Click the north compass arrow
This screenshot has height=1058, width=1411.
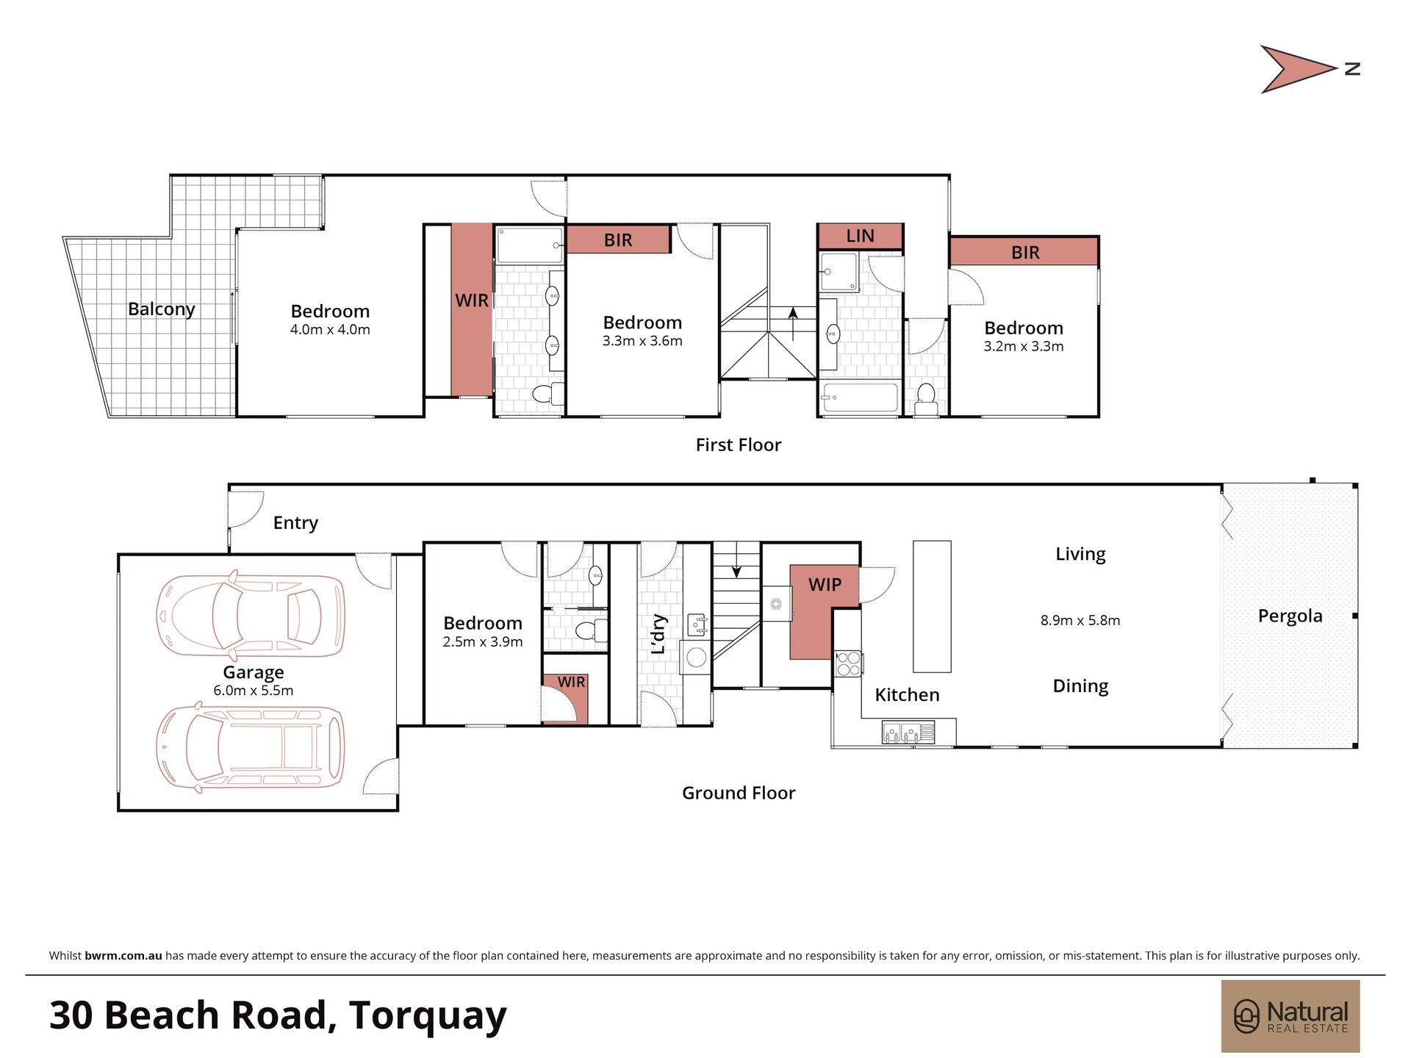[x=1297, y=70]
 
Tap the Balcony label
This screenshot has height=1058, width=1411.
[x=162, y=309]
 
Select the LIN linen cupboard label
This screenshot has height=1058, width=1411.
[x=860, y=236]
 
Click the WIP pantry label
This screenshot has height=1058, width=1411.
[x=825, y=585]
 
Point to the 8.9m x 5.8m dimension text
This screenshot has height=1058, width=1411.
[x=1080, y=620]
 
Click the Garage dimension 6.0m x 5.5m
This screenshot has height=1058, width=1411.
[x=254, y=691]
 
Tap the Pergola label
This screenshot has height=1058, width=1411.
[x=1290, y=616]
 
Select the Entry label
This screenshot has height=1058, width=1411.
[x=295, y=523]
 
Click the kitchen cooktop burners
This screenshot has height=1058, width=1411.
[x=849, y=663]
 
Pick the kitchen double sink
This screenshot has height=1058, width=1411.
[x=908, y=733]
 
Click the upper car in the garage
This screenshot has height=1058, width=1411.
[x=250, y=615]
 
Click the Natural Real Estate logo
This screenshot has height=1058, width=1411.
[x=1290, y=1016]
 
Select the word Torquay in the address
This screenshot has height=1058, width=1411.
[x=428, y=1016]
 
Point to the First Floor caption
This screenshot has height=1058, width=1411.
[x=739, y=445]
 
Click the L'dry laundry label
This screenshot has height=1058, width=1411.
[x=658, y=633]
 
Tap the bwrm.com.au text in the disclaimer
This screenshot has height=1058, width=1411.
[x=123, y=956]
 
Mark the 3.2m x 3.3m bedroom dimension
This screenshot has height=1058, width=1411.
[x=1024, y=346]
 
